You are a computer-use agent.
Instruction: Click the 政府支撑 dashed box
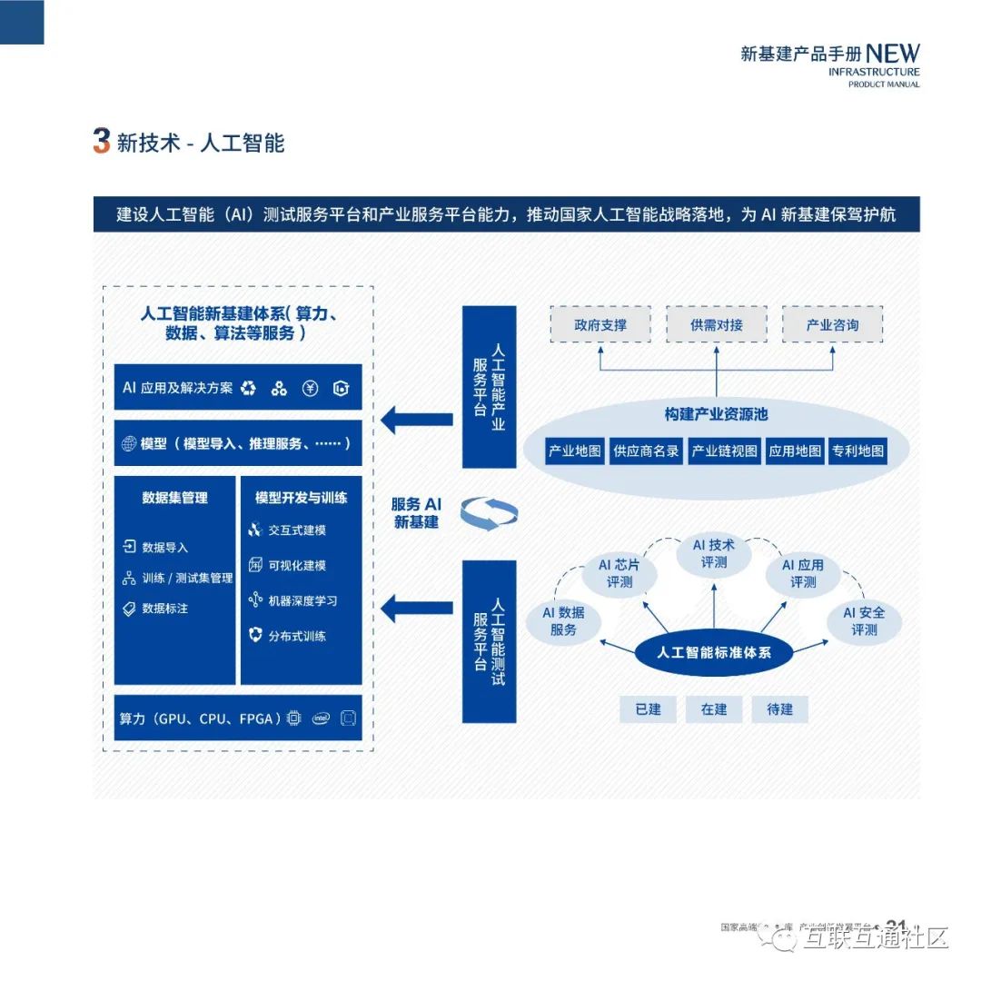[599, 324]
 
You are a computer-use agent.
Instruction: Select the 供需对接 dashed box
[716, 324]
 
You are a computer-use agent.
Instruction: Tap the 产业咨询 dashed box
[832, 324]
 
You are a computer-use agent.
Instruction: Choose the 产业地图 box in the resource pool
[575, 451]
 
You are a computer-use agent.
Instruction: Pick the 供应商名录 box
[646, 451]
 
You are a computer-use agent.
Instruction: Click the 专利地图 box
[857, 451]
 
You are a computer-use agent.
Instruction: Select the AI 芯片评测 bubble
[619, 573]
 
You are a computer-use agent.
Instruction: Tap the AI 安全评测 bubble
[864, 620]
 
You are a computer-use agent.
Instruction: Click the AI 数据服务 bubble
[564, 620]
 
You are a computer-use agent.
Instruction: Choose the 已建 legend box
[649, 709]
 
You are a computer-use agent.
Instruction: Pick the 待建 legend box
[779, 709]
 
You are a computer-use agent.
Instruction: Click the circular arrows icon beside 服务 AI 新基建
[489, 513]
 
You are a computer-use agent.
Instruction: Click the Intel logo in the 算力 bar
[320, 718]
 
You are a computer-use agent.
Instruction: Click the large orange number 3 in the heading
[102, 142]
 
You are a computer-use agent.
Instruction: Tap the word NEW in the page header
[892, 54]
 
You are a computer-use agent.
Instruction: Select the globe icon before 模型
[128, 444]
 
